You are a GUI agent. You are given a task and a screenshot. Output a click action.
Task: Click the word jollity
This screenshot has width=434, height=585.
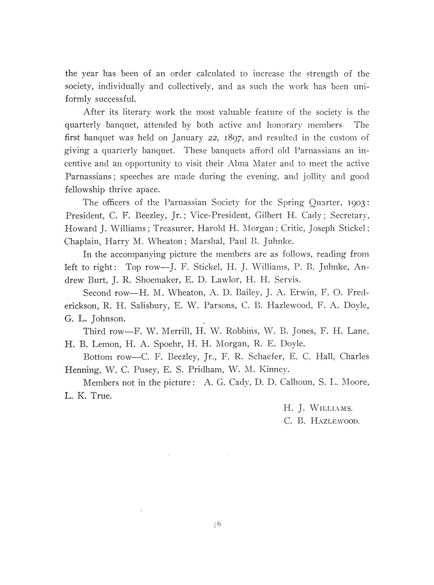[x=309, y=177]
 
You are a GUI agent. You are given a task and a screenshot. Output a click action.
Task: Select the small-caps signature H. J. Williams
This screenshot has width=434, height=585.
[x=318, y=408]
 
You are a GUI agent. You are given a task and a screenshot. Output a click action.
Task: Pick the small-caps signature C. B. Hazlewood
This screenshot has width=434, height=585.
[x=321, y=421]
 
